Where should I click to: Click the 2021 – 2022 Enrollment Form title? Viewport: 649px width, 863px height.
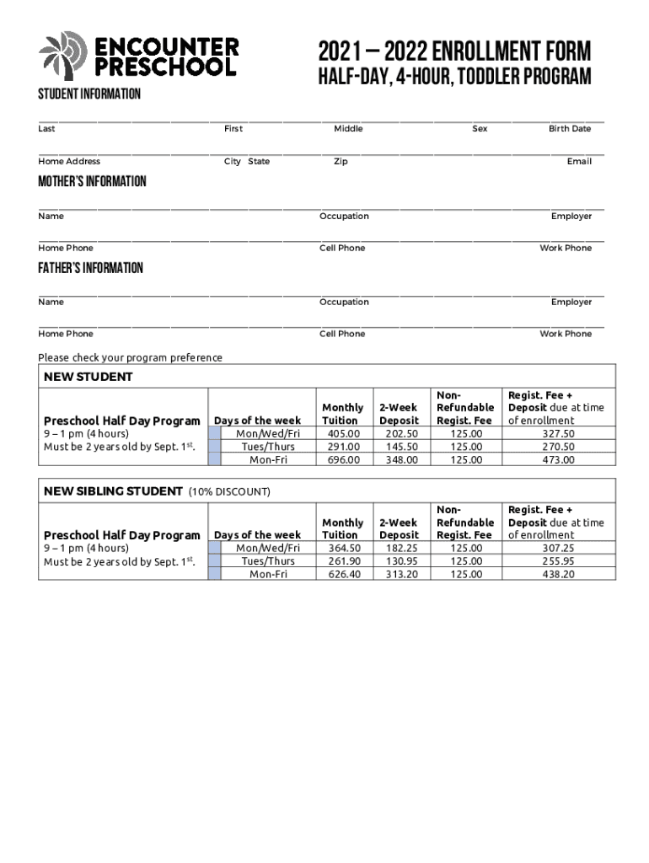[x=454, y=50]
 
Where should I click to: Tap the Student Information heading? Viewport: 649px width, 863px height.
[x=88, y=94]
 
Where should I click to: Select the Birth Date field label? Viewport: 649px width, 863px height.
[x=570, y=129]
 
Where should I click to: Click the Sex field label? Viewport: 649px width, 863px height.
[x=479, y=129]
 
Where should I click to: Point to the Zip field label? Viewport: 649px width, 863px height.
[x=341, y=162]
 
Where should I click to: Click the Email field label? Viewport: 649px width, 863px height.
[x=579, y=162]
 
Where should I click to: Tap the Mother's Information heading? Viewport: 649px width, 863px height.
[x=92, y=182]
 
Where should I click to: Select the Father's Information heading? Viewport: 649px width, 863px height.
[x=90, y=268]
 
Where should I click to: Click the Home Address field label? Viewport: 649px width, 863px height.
[x=69, y=162]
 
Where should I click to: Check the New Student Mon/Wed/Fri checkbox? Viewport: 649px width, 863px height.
[x=214, y=434]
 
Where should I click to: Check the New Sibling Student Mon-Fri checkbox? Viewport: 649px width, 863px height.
[x=214, y=574]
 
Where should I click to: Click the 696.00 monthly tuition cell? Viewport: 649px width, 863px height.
[x=343, y=460]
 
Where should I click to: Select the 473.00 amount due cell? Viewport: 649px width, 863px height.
[x=558, y=460]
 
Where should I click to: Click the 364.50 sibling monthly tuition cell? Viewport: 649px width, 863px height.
[x=343, y=549]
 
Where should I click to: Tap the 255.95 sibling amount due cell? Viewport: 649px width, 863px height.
[x=558, y=561]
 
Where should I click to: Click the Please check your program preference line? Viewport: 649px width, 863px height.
[x=131, y=357]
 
